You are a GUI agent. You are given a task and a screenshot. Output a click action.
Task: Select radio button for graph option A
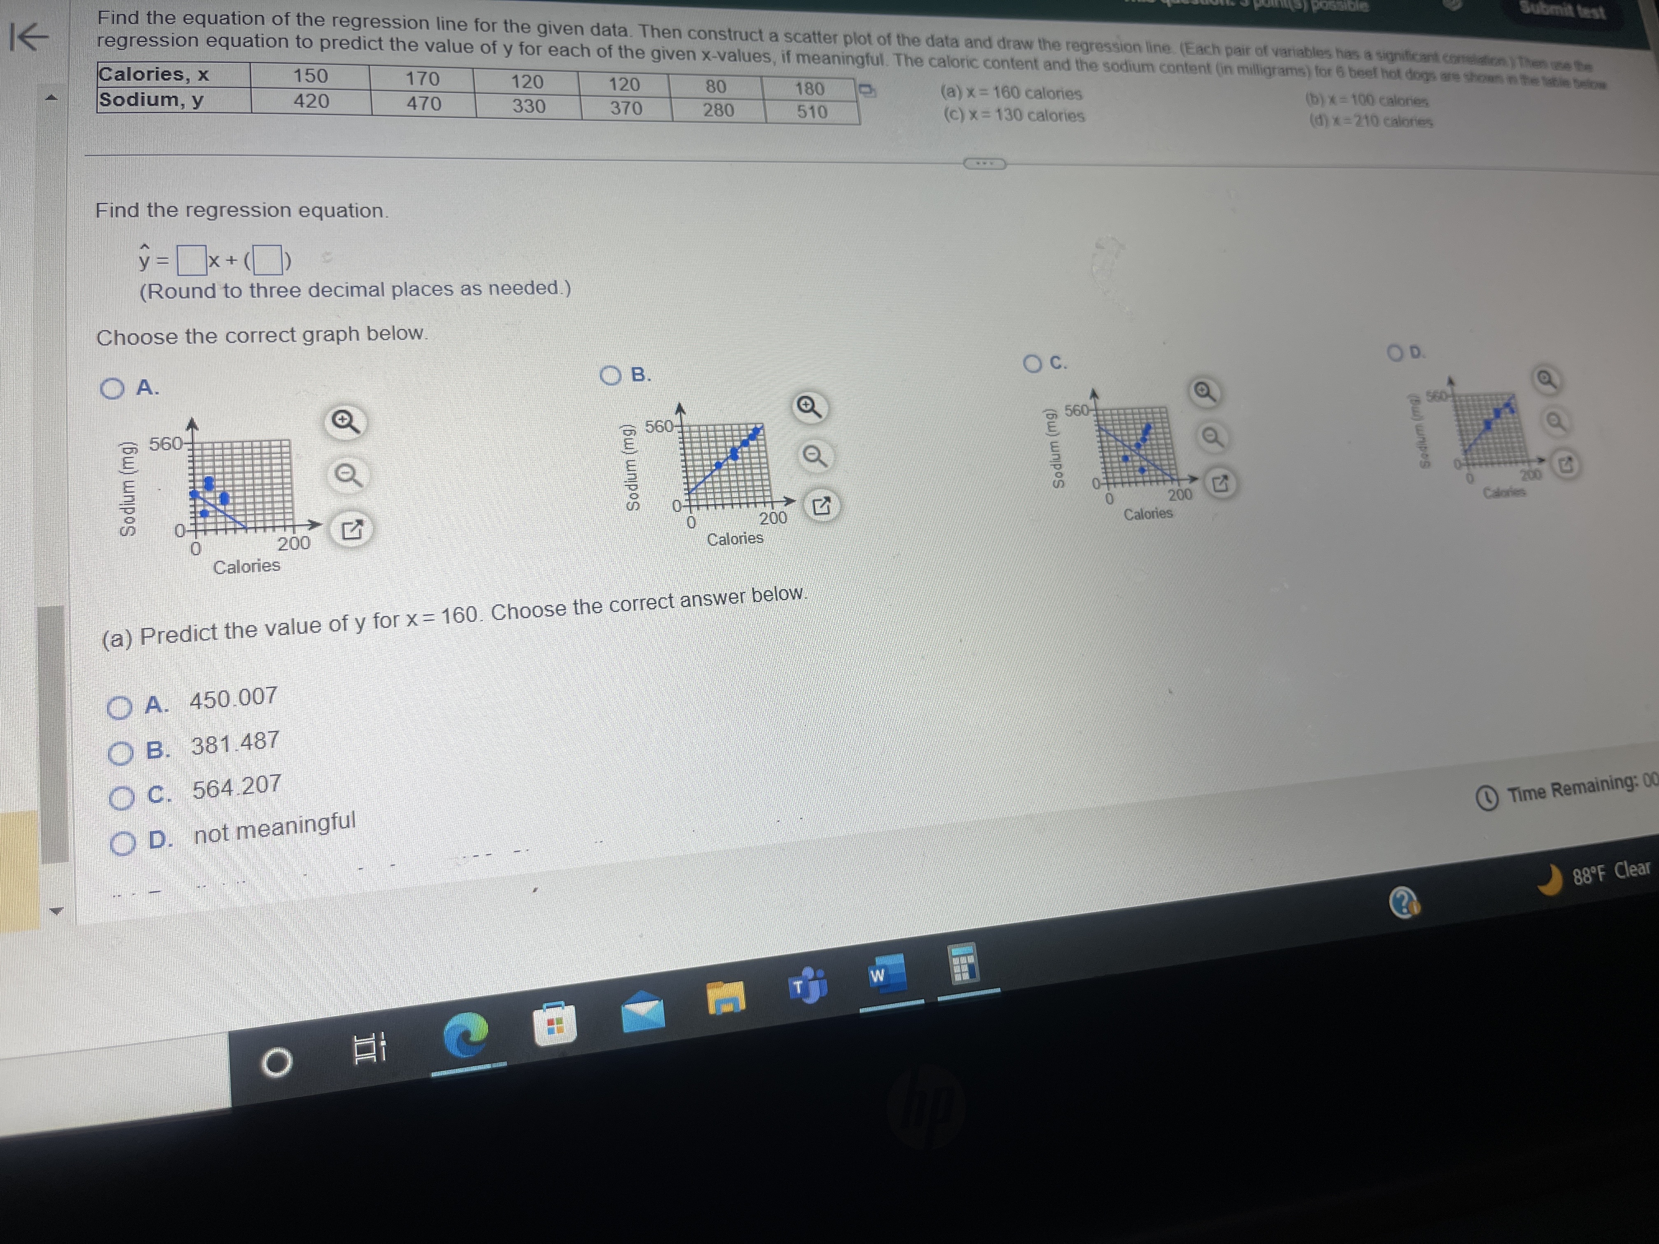[112, 388]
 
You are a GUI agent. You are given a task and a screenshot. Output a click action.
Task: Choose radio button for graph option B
[611, 375]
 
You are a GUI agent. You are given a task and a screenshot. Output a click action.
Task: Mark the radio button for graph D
[1395, 353]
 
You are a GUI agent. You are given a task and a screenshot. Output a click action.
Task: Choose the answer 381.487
[120, 752]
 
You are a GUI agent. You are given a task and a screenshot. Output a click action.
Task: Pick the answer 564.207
[121, 798]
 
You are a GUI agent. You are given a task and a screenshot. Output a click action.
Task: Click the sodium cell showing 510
[811, 112]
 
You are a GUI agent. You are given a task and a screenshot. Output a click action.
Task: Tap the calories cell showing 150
[311, 76]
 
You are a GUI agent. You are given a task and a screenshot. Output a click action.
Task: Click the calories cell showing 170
[422, 78]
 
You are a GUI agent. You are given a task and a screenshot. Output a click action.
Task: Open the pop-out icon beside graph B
[821, 507]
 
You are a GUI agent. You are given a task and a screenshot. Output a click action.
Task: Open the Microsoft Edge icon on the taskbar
[465, 1035]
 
